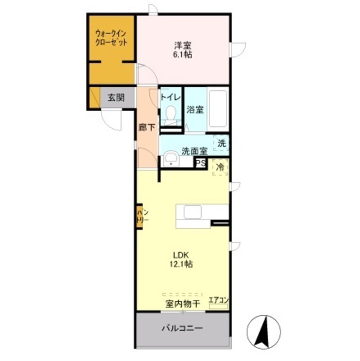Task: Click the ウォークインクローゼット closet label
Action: coord(111,37)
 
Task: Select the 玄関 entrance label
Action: coord(116,97)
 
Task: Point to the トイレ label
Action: coord(170,96)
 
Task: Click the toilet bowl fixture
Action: coord(171,117)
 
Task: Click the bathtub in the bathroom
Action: coord(217,109)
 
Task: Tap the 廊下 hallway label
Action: coord(146,127)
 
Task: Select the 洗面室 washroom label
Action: coord(194,151)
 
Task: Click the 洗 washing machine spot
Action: coord(222,143)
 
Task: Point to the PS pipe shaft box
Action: coord(200,163)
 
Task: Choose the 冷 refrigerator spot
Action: coord(221,167)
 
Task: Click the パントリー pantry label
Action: coord(141,217)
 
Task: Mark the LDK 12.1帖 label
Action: coord(181,259)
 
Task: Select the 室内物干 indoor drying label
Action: coord(183,303)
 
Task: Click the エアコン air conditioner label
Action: coord(219,301)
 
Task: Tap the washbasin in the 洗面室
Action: coord(170,161)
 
